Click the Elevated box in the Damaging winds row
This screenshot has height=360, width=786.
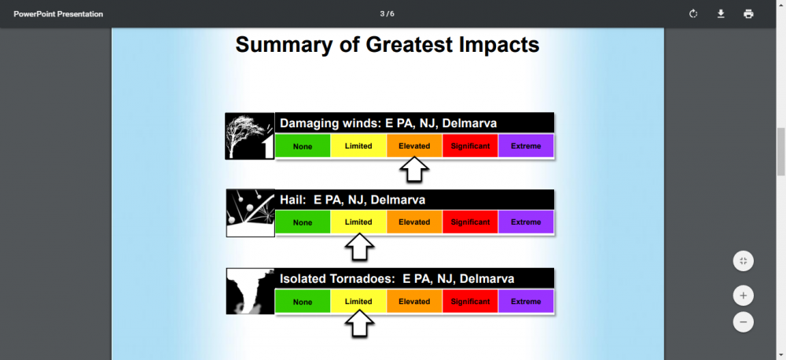414,146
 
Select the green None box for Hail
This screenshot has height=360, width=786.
303,222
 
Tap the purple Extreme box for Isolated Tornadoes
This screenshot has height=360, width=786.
526,301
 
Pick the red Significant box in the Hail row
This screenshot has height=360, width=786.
470,222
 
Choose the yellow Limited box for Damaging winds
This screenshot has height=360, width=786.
358,146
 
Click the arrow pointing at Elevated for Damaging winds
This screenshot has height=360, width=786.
414,170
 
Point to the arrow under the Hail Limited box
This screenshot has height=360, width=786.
359,247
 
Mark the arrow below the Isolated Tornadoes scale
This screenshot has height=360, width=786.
359,324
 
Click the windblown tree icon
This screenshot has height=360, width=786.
250,136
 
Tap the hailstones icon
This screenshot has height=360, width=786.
250,213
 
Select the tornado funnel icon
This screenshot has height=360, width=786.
250,292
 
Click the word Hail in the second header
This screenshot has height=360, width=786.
292,200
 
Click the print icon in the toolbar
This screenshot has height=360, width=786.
748,14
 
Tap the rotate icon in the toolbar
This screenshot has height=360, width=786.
693,14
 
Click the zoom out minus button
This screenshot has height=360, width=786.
743,321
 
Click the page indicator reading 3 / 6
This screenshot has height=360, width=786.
387,14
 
